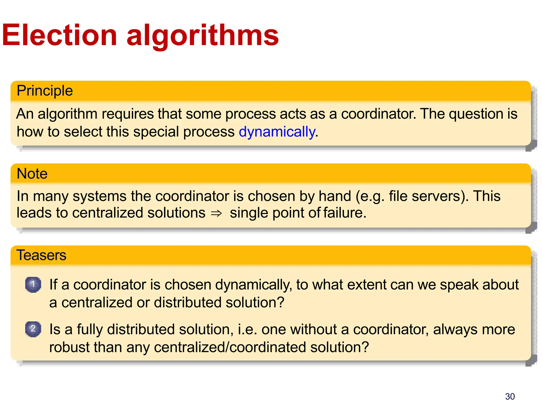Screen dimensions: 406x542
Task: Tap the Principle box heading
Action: click(x=44, y=91)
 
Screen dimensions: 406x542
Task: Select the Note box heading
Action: click(x=32, y=174)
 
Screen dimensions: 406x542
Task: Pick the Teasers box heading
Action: click(x=41, y=255)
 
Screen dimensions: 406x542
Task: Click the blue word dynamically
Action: click(x=277, y=132)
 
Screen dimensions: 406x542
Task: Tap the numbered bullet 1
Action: click(x=33, y=284)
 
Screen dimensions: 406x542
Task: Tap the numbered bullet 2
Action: click(x=33, y=329)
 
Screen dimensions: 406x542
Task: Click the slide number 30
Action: click(x=510, y=396)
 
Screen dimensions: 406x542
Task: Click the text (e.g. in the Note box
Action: click(x=370, y=196)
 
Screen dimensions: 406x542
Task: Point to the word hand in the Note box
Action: click(x=335, y=196)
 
